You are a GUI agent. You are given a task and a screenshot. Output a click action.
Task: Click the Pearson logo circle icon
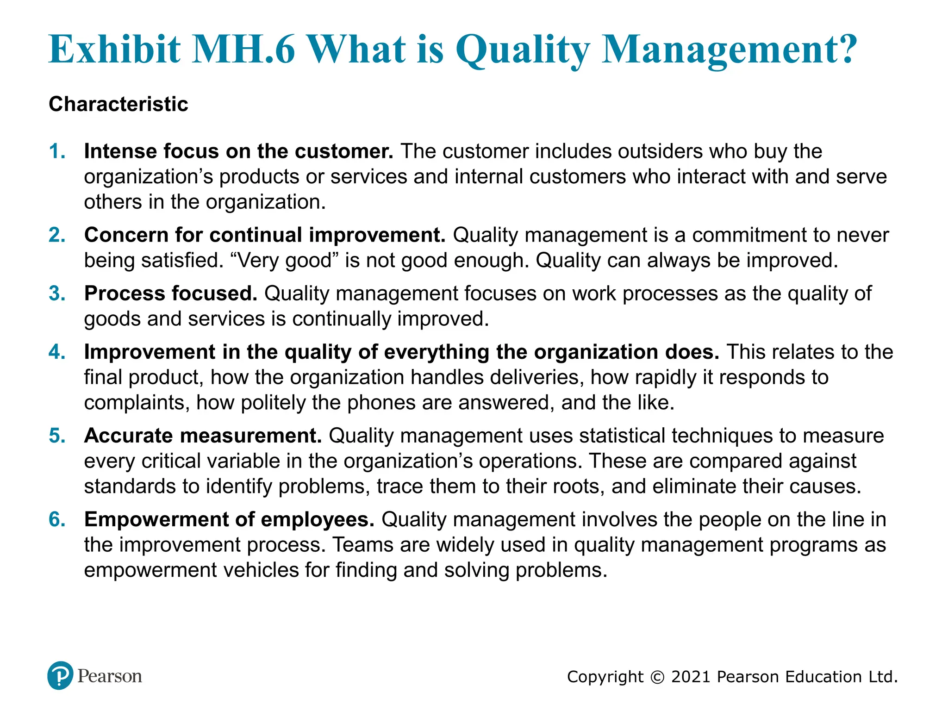point(60,675)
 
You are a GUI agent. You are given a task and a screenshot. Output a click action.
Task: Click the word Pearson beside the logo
point(110,676)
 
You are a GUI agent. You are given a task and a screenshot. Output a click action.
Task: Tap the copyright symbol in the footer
point(657,677)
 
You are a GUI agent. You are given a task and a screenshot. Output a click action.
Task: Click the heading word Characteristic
point(118,104)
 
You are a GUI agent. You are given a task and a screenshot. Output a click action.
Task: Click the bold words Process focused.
point(170,294)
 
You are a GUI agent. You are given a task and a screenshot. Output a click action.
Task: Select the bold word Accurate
point(128,436)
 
